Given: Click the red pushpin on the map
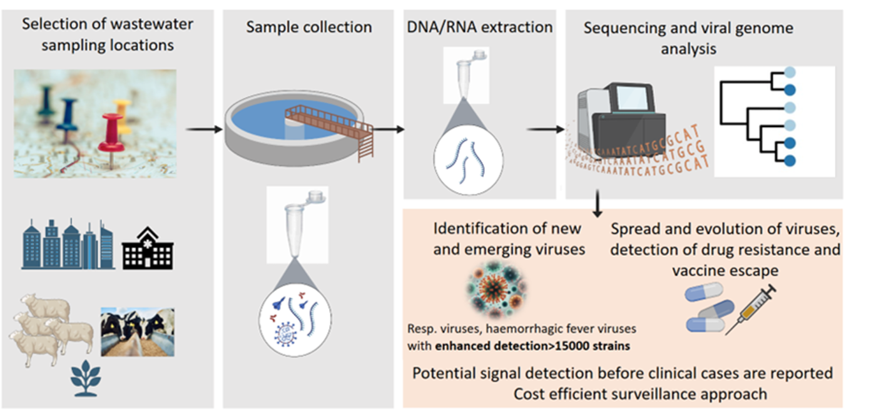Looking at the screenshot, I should pos(112,128).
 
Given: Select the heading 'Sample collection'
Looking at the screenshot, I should pos(308,27).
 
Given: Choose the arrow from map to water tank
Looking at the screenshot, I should pos(204,129).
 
